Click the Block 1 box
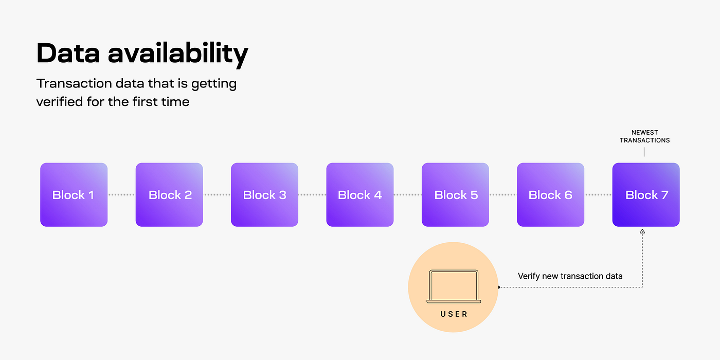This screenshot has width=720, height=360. pos(74,195)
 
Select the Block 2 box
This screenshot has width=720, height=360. pos(169,195)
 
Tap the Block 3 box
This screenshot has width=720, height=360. pos(264,195)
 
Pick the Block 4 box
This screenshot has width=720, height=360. pos(360,195)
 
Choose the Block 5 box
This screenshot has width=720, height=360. pos(455,195)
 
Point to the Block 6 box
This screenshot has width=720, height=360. pos(550,195)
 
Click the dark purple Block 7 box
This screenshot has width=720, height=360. pos(646,195)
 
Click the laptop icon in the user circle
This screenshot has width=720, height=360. pos(454,287)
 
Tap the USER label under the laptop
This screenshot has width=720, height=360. pos(454,314)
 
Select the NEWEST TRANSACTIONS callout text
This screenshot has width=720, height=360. pos(644,136)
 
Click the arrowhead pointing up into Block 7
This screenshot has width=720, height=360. pos(642,231)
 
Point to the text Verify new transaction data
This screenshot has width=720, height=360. pos(570,276)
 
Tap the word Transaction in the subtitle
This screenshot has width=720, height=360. pos(73,83)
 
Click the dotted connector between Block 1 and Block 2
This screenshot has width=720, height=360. pos(121,195)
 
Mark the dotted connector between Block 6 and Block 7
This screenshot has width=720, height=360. pos(598,195)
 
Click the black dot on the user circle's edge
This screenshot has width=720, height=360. pos(499,287)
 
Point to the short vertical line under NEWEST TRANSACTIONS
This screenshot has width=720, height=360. pos(644,152)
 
